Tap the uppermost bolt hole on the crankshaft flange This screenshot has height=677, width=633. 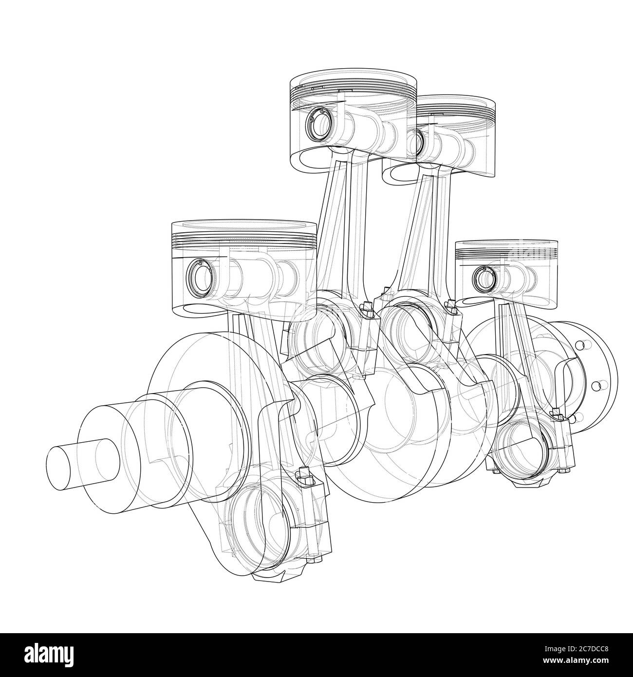[x=579, y=345]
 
